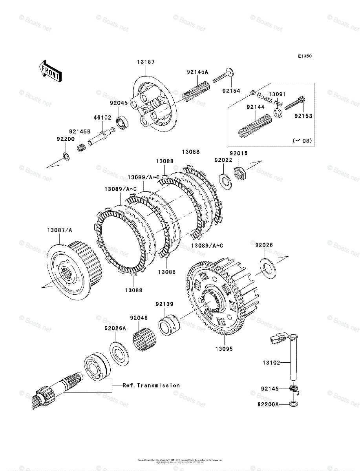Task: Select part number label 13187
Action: (146, 62)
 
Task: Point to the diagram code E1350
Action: (304, 57)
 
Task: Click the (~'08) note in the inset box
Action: (302, 140)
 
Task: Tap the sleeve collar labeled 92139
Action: (168, 323)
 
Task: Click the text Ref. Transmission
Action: (151, 385)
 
